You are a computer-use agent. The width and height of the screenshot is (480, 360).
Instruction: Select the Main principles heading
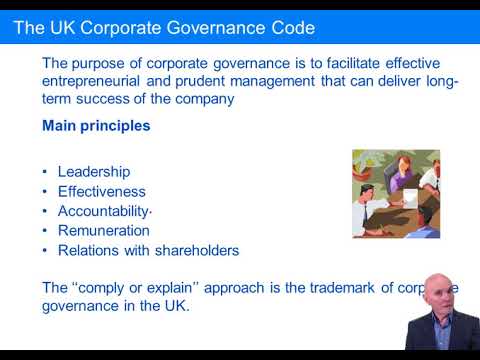click(x=96, y=127)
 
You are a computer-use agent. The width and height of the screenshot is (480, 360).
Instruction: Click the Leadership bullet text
click(x=94, y=172)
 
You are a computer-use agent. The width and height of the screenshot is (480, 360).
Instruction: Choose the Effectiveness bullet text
click(x=102, y=191)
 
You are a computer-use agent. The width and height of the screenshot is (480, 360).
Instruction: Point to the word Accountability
click(x=103, y=211)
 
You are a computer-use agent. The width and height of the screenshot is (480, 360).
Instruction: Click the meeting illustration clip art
click(x=396, y=193)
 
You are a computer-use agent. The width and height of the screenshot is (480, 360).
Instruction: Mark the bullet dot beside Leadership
click(x=46, y=172)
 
